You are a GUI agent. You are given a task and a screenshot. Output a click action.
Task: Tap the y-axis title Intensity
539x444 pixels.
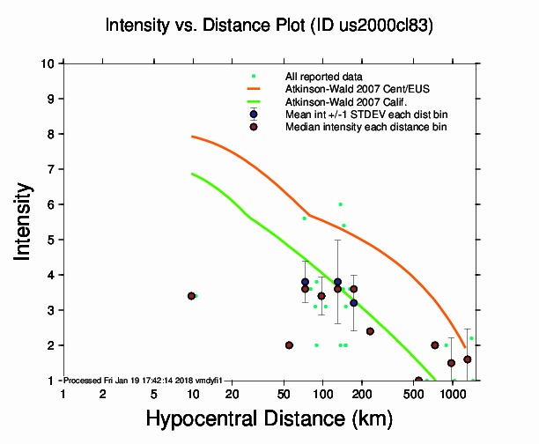[26, 221]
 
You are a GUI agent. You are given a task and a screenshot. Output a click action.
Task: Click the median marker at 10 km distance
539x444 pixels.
[191, 296]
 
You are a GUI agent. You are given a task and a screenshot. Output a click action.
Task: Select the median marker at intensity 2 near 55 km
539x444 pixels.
[289, 345]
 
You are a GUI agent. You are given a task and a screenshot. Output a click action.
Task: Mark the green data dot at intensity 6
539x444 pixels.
[340, 204]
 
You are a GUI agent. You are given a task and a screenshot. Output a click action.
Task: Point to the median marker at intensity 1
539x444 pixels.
[418, 381]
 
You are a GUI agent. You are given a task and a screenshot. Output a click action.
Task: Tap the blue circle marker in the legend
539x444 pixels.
[254, 115]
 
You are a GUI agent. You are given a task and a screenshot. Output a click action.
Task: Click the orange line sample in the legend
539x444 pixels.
[254, 89]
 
